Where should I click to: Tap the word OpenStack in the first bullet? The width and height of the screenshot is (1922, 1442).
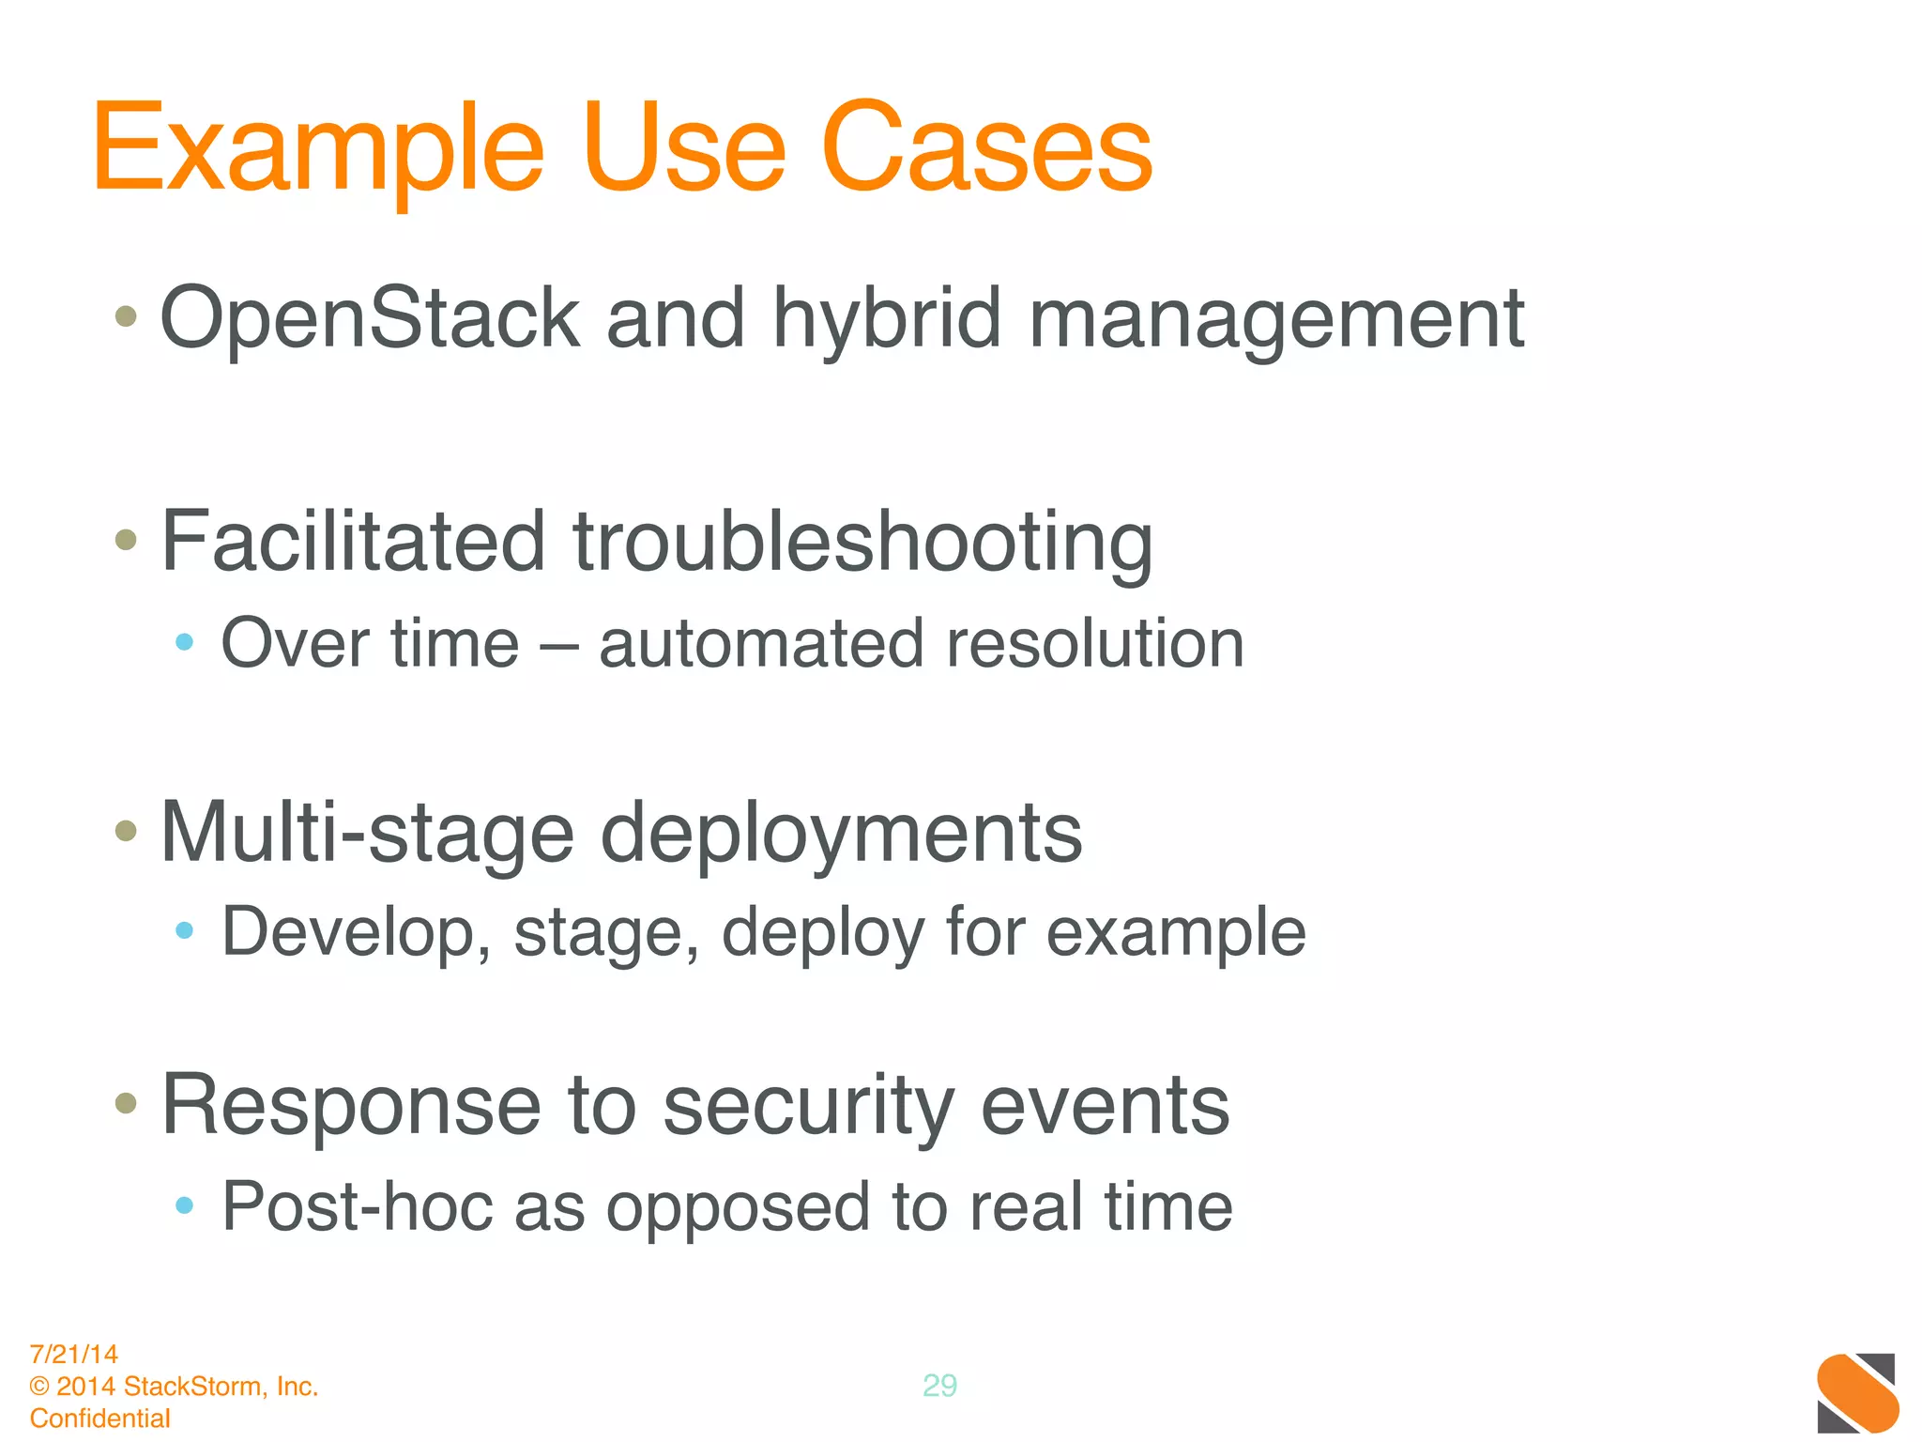[x=370, y=319]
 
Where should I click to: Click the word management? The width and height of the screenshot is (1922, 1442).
[x=1276, y=319]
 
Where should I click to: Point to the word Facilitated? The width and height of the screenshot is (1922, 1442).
[x=353, y=542]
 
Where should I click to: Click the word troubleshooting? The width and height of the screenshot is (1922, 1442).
[x=862, y=542]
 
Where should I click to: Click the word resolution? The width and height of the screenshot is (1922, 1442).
[x=1094, y=644]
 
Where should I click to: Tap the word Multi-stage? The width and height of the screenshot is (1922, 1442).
[x=367, y=833]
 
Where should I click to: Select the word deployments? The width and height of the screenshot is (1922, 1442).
[x=841, y=833]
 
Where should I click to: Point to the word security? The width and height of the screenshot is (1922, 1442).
[x=809, y=1106]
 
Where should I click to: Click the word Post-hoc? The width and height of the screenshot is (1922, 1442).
[x=357, y=1207]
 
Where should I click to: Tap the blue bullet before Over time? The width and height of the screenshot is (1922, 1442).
[x=185, y=643]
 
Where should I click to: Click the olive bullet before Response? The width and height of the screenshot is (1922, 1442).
[x=126, y=1102]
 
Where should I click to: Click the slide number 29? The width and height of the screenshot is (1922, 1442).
[x=939, y=1386]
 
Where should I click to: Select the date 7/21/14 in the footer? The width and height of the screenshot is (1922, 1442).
[x=73, y=1354]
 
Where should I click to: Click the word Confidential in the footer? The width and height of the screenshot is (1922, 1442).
[x=99, y=1418]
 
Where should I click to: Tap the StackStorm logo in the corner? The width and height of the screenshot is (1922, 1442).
[x=1857, y=1392]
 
